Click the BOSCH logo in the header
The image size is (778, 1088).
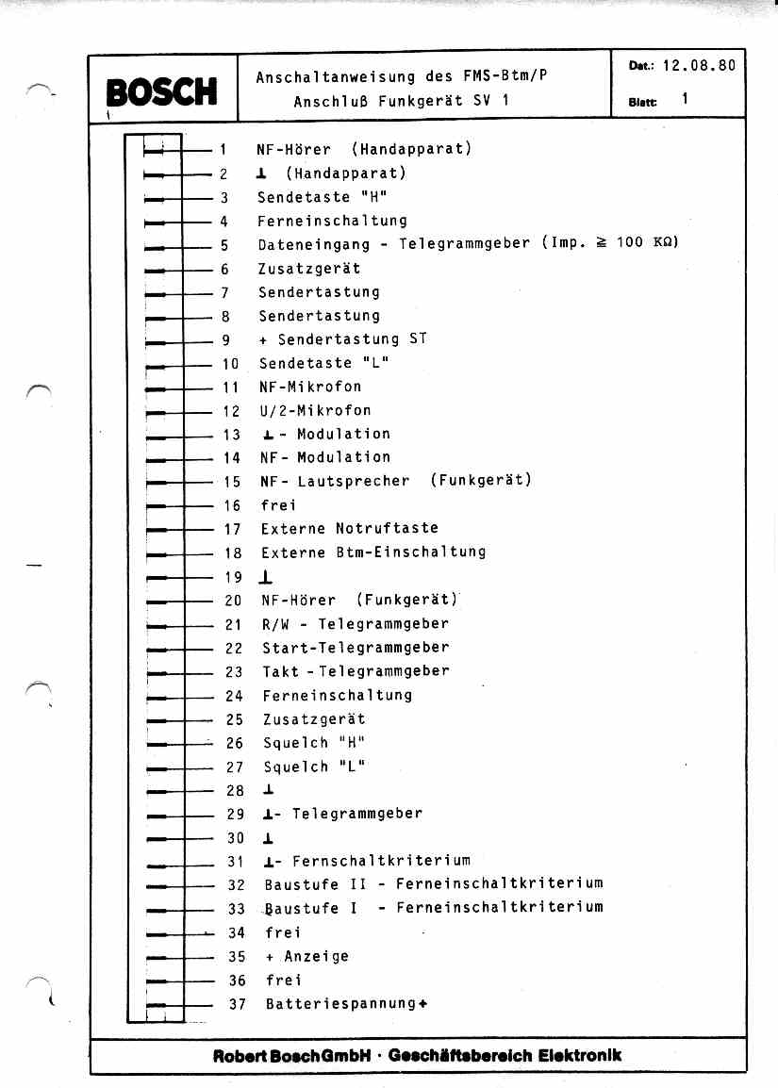coord(162,91)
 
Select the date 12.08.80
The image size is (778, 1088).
coord(699,67)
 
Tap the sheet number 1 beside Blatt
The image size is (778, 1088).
coord(685,98)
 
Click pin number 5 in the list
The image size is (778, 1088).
coord(224,245)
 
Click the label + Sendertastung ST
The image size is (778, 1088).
coord(343,339)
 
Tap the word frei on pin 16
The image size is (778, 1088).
coord(278,505)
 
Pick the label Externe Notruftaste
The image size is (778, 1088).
coord(350,529)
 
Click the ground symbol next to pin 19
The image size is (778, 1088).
coord(268,577)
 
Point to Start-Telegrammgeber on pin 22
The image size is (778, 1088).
coord(356,648)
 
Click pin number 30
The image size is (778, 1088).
coord(235,838)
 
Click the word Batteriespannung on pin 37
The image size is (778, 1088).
coord(340,1004)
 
